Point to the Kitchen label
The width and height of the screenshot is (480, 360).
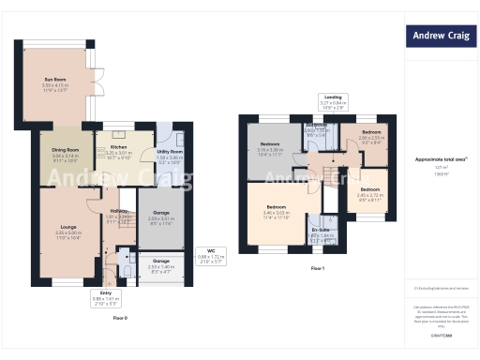[x=119, y=151]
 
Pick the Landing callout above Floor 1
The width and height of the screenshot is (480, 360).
[x=333, y=101]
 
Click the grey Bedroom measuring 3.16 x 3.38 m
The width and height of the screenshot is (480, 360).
[x=270, y=149]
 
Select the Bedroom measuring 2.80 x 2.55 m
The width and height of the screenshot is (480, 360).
[x=372, y=137]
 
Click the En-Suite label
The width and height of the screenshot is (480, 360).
[x=320, y=233]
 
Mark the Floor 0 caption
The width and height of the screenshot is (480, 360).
[x=120, y=318]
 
